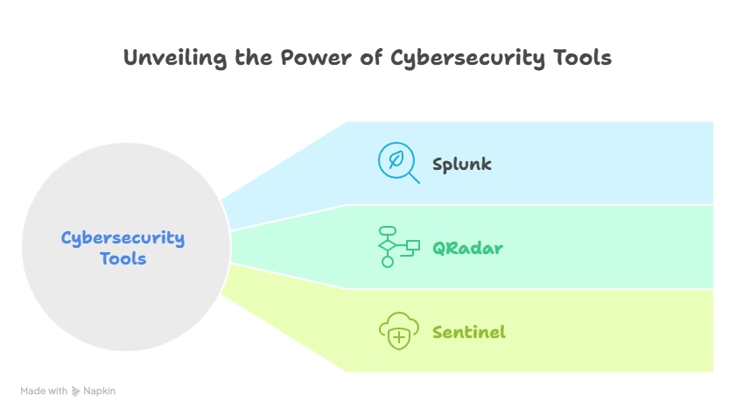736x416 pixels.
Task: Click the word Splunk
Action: tap(461, 164)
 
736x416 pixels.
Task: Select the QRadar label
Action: tap(467, 248)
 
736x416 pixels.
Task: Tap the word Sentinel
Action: tap(468, 332)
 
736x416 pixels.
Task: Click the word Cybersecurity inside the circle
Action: tap(123, 237)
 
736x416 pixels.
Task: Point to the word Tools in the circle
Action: tap(123, 259)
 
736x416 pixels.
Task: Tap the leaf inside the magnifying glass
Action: tap(395, 160)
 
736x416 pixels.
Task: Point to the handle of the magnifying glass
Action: tap(414, 179)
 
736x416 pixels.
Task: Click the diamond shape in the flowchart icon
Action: tap(387, 246)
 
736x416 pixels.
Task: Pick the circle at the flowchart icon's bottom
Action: tap(387, 262)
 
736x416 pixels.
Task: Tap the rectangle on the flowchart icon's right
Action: tap(413, 245)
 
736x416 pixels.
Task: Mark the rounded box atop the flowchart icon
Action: tap(387, 231)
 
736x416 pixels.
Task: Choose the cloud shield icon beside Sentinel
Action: tap(398, 331)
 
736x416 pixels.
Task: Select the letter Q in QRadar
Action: tap(439, 248)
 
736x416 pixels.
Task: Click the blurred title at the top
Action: tap(368, 60)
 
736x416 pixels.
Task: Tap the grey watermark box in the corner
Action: tap(69, 392)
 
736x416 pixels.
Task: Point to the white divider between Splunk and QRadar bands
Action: tap(525, 206)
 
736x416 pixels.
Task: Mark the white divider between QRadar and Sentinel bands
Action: tap(525, 289)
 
